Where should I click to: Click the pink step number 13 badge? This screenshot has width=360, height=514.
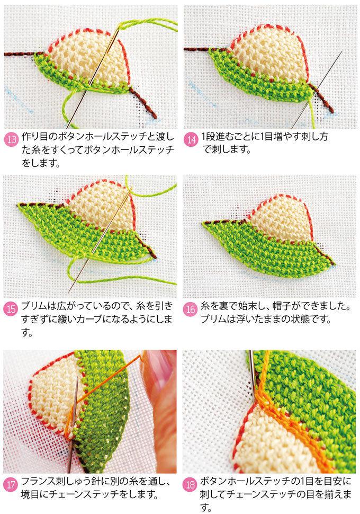(12, 140)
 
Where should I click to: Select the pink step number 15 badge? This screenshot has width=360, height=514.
(12, 309)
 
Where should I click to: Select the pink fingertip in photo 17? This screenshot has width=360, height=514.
(160, 387)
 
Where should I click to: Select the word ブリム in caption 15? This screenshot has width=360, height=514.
(35, 306)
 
